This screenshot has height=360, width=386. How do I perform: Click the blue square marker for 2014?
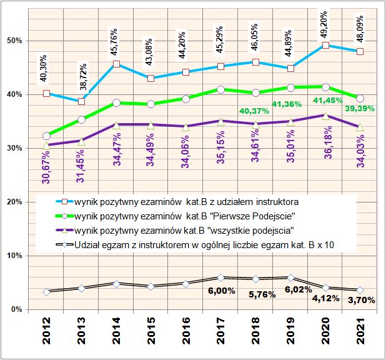pos(116,64)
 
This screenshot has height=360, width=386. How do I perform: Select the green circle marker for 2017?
pos(221,89)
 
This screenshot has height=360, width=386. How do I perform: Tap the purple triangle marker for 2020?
pos(325,116)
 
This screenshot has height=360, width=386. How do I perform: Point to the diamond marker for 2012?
pos(46,292)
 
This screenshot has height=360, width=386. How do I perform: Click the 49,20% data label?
pos(325,24)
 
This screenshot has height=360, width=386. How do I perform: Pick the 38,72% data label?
pos(83,77)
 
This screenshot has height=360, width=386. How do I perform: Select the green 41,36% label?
pos(287,104)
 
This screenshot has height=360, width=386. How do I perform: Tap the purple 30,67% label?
pos(46,167)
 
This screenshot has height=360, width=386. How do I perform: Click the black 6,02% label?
pos(299,289)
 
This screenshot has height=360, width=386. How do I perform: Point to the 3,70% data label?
pos(362,300)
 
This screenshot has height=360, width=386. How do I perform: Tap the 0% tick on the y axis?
pos(17,309)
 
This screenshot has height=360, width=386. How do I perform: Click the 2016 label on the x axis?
pos(186,331)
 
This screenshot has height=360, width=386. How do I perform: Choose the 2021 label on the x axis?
pos(360,331)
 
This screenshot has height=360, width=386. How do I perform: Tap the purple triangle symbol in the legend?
pos(65,231)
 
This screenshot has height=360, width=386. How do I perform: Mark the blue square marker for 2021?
pos(360,51)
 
